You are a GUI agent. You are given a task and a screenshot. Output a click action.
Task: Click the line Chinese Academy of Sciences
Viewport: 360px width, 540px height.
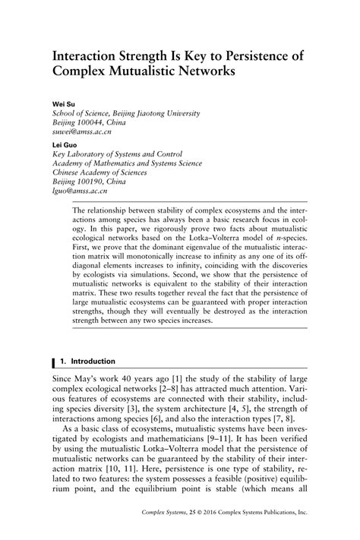point(108,172)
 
